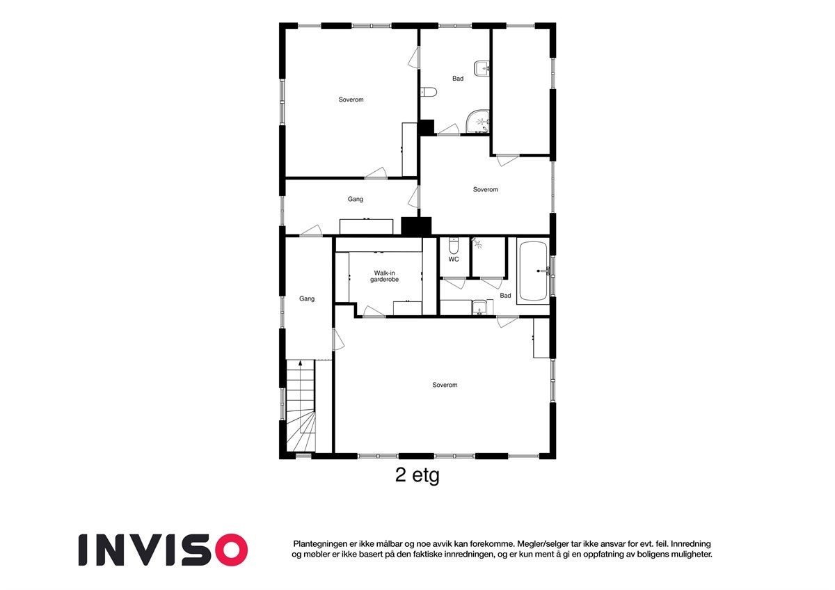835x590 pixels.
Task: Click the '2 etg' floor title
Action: click(x=417, y=476)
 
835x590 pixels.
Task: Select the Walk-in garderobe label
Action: click(x=385, y=276)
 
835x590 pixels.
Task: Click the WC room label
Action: click(x=454, y=260)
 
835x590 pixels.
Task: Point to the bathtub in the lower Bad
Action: click(x=533, y=271)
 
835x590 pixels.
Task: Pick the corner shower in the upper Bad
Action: click(x=479, y=121)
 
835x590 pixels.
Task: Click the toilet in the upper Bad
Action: click(x=429, y=92)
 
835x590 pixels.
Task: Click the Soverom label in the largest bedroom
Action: click(x=445, y=385)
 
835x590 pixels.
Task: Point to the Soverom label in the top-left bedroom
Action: click(x=351, y=99)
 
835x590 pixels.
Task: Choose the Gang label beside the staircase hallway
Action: click(x=307, y=298)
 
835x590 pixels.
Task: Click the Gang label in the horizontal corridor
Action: click(x=356, y=199)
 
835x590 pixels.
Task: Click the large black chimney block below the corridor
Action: click(x=416, y=226)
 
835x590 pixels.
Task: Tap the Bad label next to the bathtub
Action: click(x=505, y=296)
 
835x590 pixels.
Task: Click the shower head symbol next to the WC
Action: click(x=477, y=244)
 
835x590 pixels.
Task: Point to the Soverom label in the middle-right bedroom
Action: click(x=485, y=189)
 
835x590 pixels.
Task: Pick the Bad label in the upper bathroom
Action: click(x=457, y=79)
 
